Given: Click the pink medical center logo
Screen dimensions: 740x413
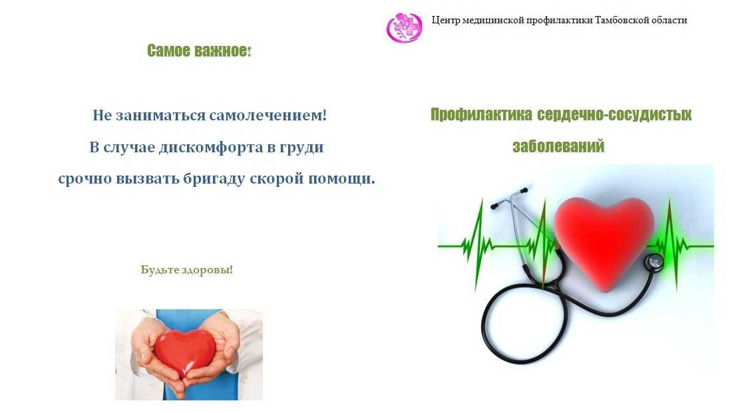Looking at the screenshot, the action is tap(404, 27).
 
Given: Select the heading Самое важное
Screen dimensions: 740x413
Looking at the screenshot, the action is tap(199, 51).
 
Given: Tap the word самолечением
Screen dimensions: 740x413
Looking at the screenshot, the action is tap(268, 115).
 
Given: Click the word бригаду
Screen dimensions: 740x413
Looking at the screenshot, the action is tap(214, 179).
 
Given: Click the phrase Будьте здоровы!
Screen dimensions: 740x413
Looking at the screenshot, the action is tap(187, 269).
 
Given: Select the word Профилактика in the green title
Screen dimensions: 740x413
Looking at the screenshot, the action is tap(481, 114).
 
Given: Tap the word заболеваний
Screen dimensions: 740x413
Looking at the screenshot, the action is tap(558, 146).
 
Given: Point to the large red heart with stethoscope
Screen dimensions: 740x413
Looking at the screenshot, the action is tap(604, 241).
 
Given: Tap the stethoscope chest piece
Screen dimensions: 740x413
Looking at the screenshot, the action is tap(654, 262).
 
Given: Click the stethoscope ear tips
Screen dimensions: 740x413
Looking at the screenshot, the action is tap(508, 198).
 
